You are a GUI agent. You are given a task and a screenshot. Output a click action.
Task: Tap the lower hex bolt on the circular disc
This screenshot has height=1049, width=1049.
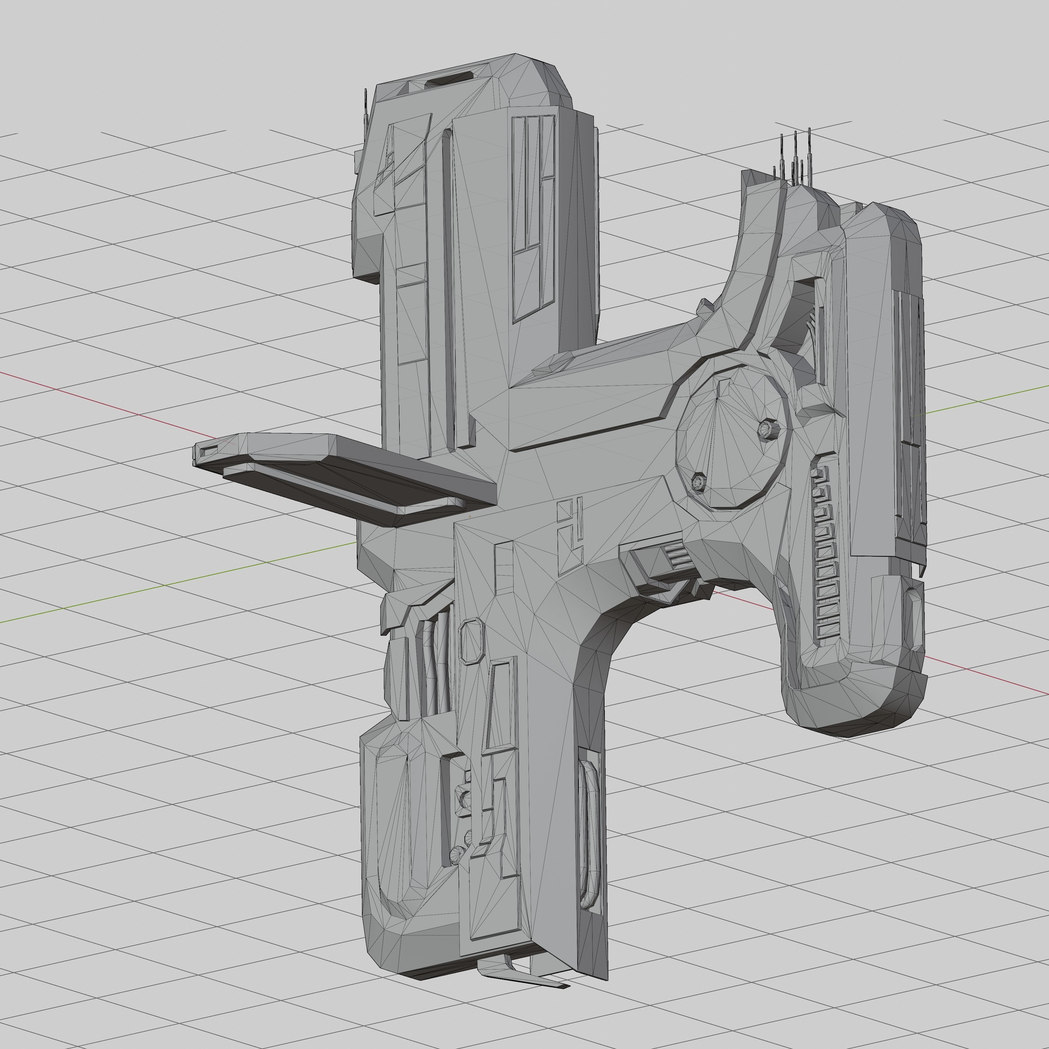pyautogui.click(x=699, y=481)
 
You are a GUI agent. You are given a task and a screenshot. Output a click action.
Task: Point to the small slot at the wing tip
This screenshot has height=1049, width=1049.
pyautogui.click(x=209, y=449)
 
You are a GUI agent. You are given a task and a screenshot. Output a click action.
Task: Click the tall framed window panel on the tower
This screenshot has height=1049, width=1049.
pyautogui.click(x=533, y=217)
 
